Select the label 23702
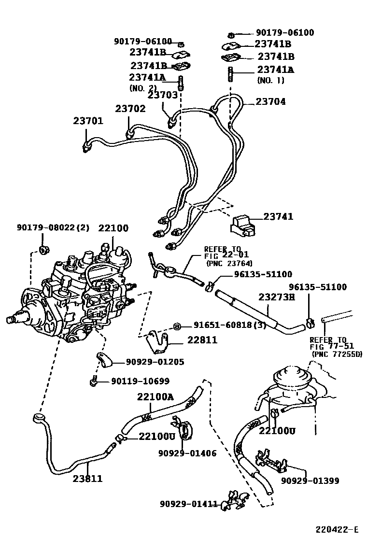(130, 109)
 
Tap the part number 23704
(270, 101)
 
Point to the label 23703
(163, 95)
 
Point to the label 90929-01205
(155, 361)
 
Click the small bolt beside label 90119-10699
(94, 382)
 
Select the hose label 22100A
(155, 397)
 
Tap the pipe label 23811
(87, 479)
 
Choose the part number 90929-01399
(310, 480)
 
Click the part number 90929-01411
(189, 504)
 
